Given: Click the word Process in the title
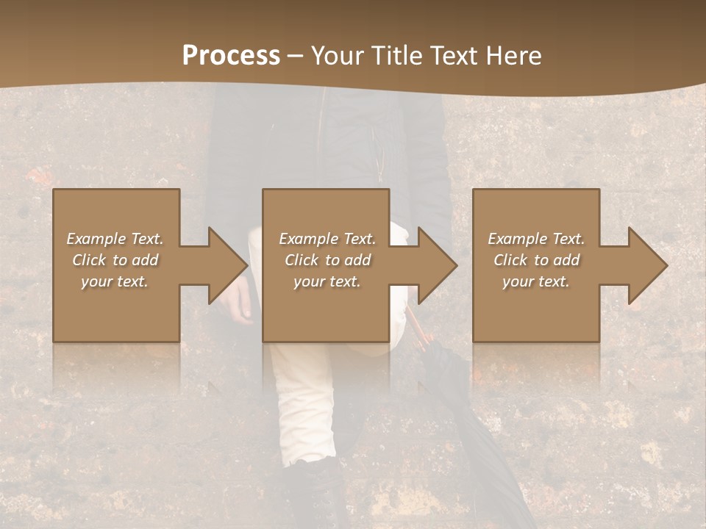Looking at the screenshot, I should (231, 56).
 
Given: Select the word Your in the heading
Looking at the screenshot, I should (336, 56).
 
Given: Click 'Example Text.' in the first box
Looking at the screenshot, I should (115, 239).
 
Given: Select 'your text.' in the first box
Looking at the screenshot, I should (115, 281).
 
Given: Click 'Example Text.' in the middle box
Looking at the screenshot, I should (327, 239).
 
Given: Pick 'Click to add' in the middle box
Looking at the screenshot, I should (327, 260).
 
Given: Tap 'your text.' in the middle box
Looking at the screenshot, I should (327, 281).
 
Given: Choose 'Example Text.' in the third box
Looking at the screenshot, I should (536, 239).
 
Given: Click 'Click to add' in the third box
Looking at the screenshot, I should (536, 260).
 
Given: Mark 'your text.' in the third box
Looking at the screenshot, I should (536, 281).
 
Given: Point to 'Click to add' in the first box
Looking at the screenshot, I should (115, 260).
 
